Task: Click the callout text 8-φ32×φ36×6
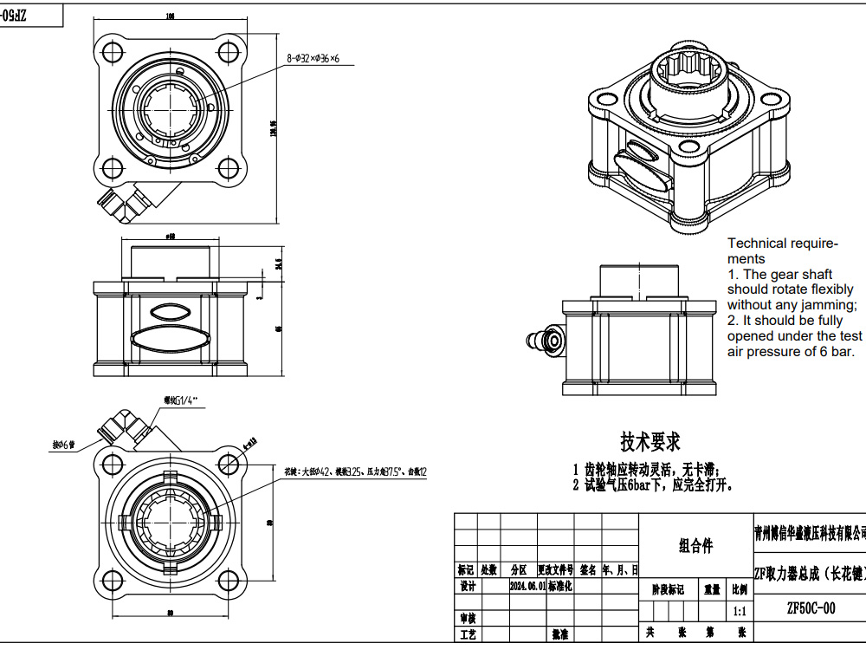(x=313, y=59)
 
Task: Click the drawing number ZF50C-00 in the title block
(x=810, y=608)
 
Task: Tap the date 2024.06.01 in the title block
(x=527, y=586)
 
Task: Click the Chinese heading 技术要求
(x=649, y=442)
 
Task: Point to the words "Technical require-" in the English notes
(x=782, y=244)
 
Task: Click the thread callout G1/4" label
(x=181, y=400)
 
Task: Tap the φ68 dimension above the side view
(x=170, y=236)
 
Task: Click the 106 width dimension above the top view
(x=170, y=16)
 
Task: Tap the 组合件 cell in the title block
(x=695, y=546)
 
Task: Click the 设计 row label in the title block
(x=468, y=586)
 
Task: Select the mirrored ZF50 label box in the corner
(x=31, y=16)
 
